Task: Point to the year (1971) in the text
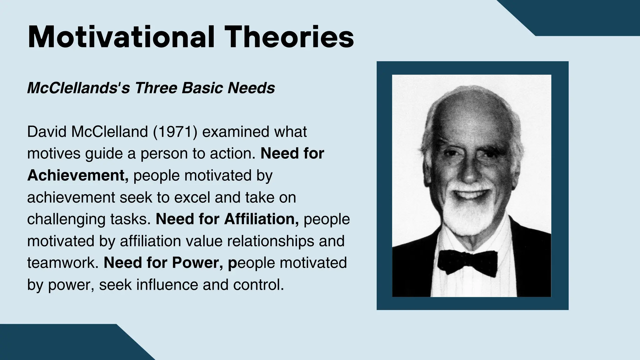pyautogui.click(x=175, y=132)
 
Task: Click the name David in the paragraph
pyautogui.click(x=47, y=132)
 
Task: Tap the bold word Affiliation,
pyautogui.click(x=261, y=219)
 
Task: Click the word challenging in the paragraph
pyautogui.click(x=66, y=219)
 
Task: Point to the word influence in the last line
pyautogui.click(x=167, y=285)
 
